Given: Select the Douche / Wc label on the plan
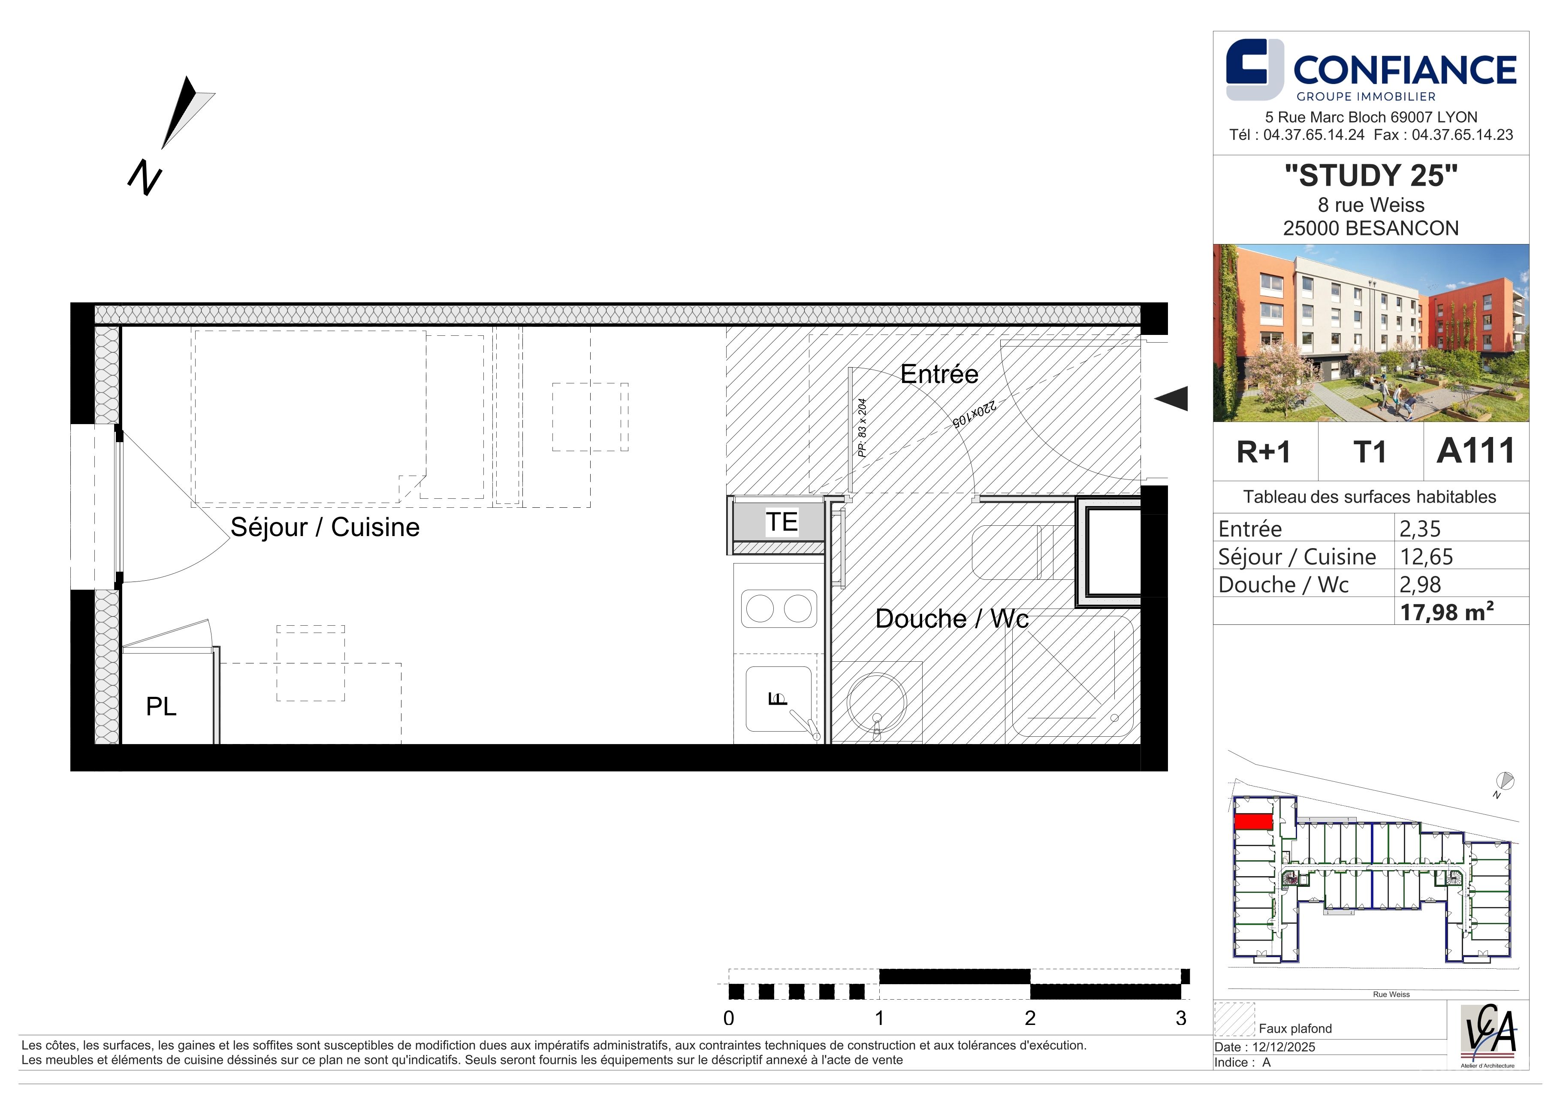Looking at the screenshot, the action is [951, 619].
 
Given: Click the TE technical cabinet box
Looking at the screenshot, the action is [780, 521].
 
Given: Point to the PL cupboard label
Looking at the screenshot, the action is [161, 706].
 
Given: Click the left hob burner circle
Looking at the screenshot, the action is [760, 608].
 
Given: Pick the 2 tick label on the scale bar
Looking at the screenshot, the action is [1030, 1018].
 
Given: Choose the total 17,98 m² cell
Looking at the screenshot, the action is [1446, 612].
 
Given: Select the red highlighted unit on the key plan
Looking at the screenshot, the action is [1253, 822].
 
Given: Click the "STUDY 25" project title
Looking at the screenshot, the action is [1371, 175].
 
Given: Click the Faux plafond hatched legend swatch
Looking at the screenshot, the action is [1234, 1019].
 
